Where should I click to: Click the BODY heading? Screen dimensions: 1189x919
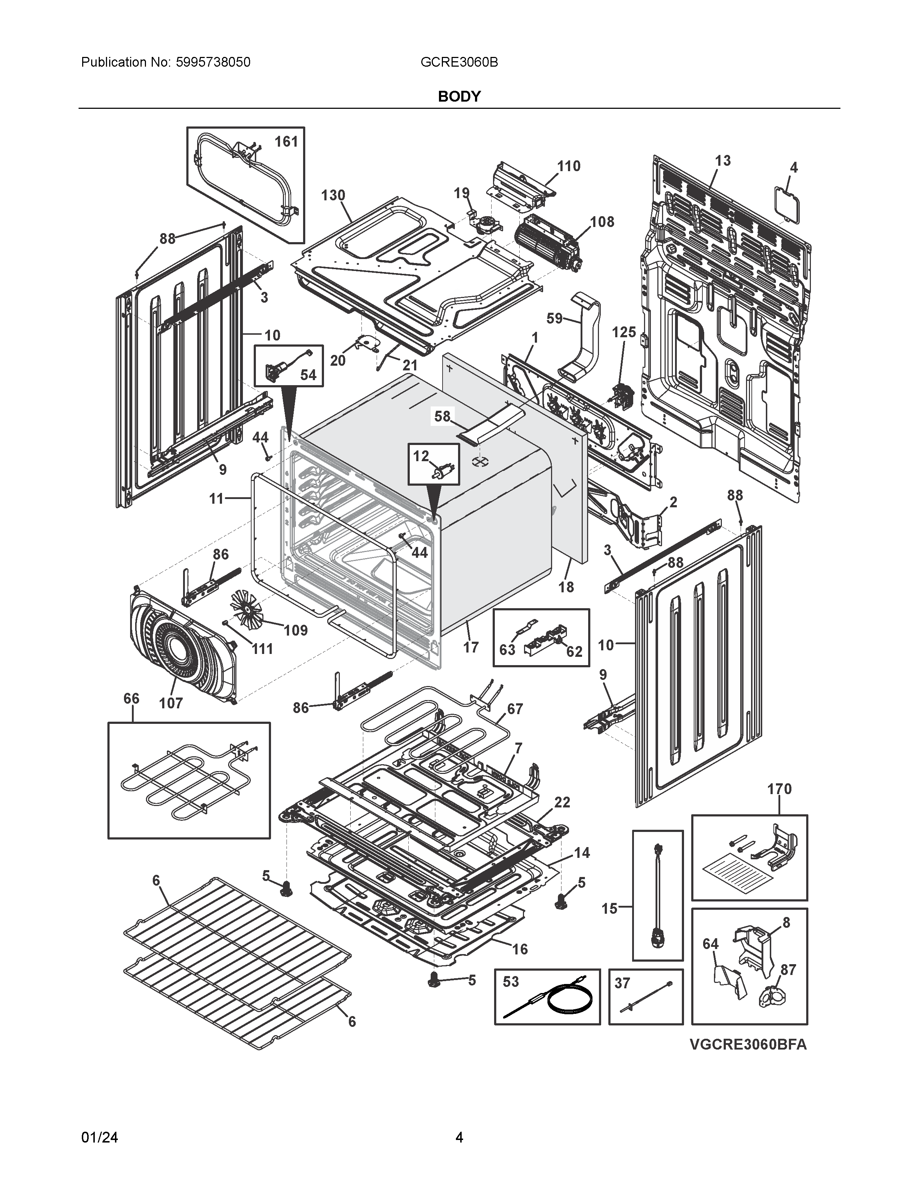coord(459,96)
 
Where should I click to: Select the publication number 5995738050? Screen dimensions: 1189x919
coord(213,62)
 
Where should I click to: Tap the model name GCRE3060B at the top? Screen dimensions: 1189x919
coord(459,62)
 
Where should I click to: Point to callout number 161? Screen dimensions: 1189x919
coord(286,142)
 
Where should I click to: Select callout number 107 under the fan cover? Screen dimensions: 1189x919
coord(170,703)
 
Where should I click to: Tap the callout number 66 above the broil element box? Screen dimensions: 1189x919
coord(131,699)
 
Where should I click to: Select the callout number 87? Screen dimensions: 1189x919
coord(788,970)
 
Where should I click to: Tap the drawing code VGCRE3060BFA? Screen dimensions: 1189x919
coord(748,1045)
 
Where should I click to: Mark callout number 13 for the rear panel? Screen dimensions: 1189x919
coord(723,161)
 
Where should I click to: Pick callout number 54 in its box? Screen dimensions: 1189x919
coord(308,375)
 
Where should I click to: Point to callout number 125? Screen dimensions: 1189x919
coord(623,332)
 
